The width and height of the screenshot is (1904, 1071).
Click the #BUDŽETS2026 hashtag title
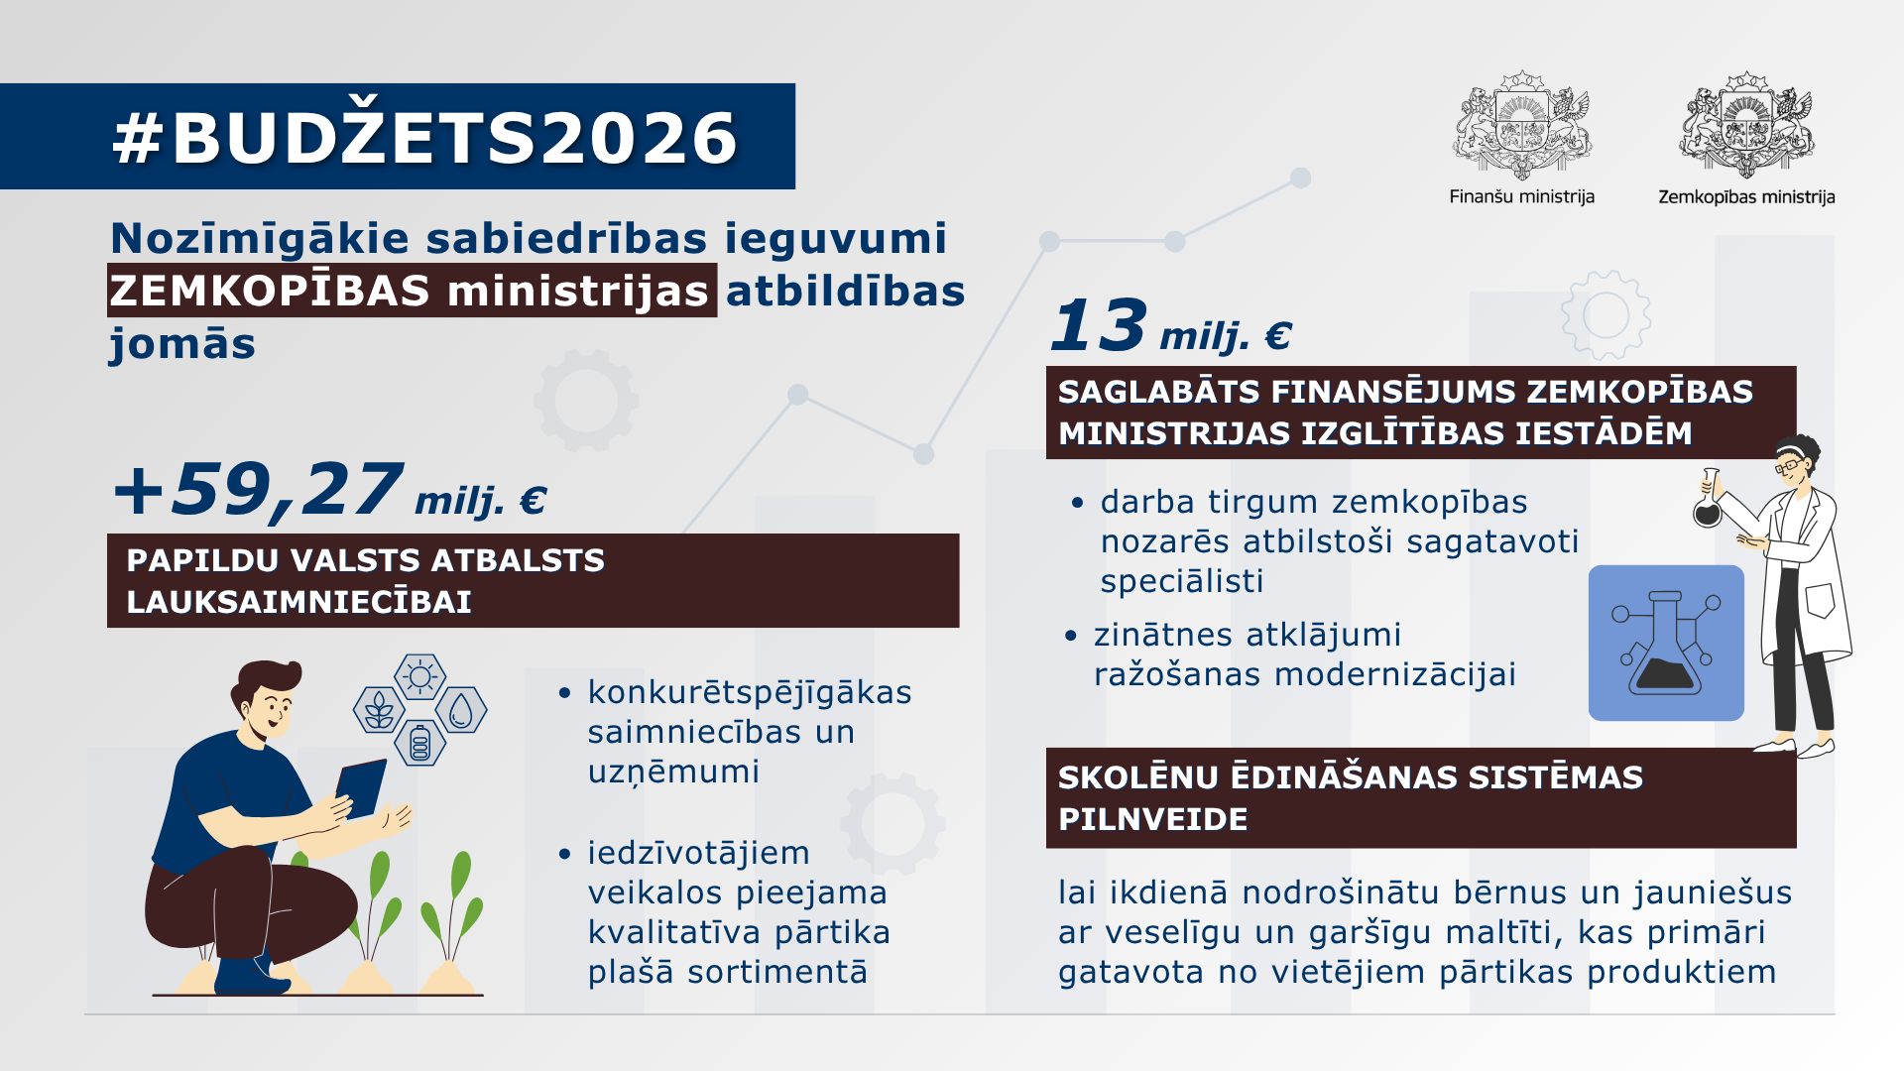click(424, 137)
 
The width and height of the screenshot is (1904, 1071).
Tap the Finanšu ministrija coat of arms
click(1521, 125)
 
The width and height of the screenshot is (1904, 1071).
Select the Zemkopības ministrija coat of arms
click(1746, 125)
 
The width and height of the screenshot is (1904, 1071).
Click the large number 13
click(1099, 325)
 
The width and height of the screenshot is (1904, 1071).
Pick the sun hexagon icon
click(419, 677)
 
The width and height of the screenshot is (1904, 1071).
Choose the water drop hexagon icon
click(461, 710)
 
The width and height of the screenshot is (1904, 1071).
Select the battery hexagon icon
click(419, 743)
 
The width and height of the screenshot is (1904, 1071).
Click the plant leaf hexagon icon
click(378, 710)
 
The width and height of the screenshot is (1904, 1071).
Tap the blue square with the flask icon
click(1666, 643)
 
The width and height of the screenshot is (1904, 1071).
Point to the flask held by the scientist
click(1707, 503)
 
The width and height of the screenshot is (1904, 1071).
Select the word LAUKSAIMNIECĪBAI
click(298, 602)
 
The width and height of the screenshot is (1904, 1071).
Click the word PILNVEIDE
click(1152, 819)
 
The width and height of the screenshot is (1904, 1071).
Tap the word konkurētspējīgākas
click(749, 692)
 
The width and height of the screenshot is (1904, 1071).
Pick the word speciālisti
click(1181, 581)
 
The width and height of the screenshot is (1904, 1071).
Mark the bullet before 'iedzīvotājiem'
click(565, 853)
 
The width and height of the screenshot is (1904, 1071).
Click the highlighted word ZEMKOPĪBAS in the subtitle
click(270, 292)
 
